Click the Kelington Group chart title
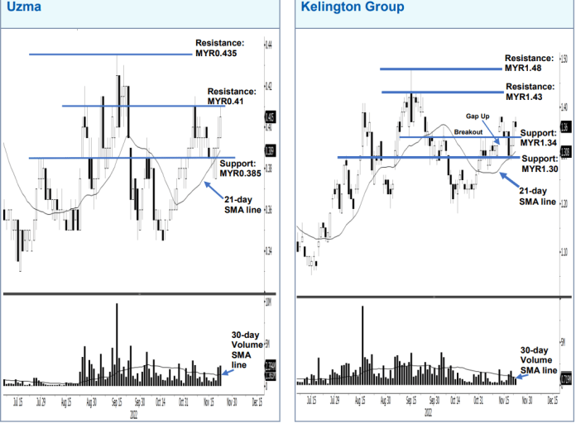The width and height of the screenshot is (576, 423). pyautogui.click(x=352, y=7)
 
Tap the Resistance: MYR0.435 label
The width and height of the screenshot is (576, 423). pyautogui.click(x=219, y=48)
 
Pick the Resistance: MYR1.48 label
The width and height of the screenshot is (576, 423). pyautogui.click(x=529, y=64)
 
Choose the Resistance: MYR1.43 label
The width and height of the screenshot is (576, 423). pyautogui.click(x=529, y=92)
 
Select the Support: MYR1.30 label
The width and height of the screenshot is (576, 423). pyautogui.click(x=539, y=164)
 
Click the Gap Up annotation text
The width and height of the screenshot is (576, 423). pyautogui.click(x=479, y=117)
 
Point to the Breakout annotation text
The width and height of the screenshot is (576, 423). pyautogui.click(x=468, y=132)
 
